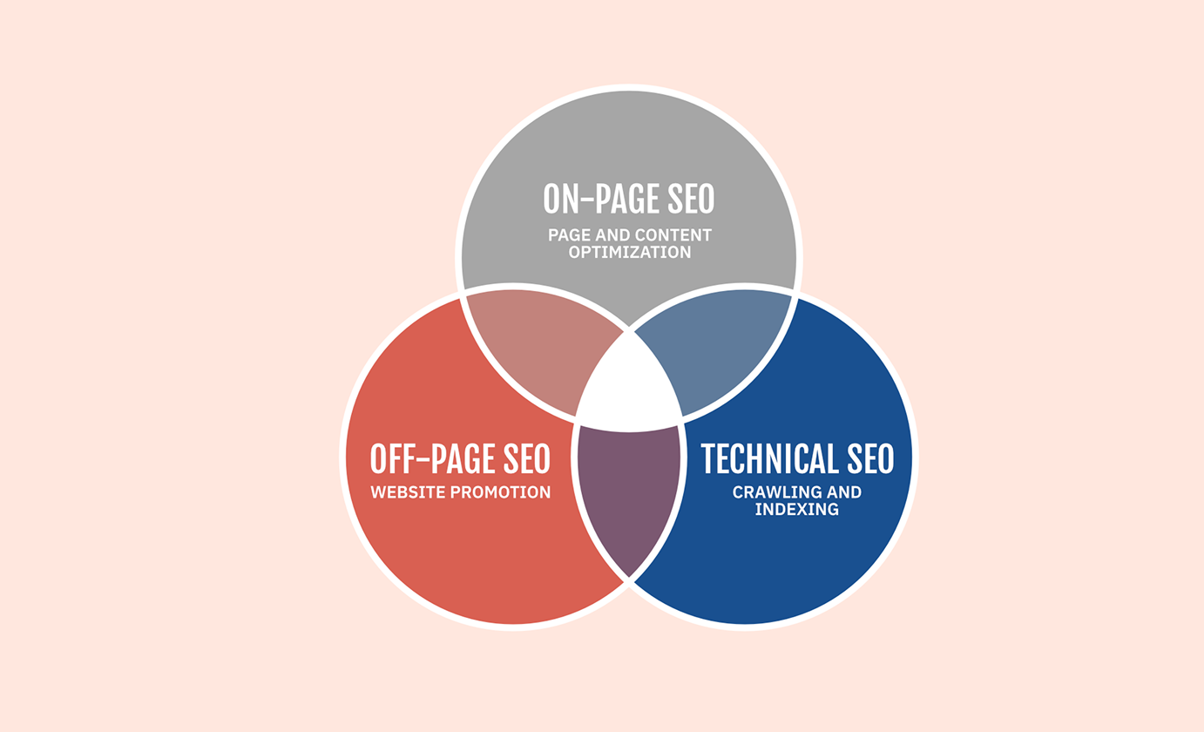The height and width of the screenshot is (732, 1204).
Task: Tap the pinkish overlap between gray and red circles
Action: click(538, 349)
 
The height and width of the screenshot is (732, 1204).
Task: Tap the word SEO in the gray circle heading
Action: click(691, 199)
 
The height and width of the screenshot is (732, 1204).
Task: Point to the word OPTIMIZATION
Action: click(630, 252)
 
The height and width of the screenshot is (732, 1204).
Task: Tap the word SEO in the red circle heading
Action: click(527, 459)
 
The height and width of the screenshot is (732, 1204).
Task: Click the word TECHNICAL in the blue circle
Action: click(769, 458)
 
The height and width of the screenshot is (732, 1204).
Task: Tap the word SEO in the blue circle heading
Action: click(870, 458)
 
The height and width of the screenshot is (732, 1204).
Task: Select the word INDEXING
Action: click(796, 509)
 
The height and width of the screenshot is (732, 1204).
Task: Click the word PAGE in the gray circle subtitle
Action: click(569, 235)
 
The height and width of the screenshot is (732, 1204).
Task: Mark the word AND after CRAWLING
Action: click(844, 491)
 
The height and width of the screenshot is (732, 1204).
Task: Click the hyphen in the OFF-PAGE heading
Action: click(423, 459)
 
